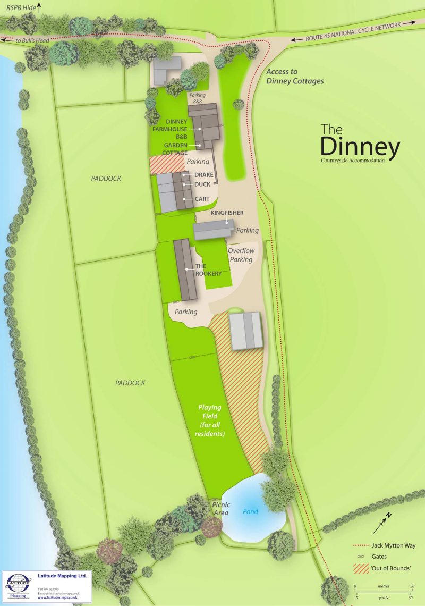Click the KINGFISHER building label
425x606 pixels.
[x=227, y=213]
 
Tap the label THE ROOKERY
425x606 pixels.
[x=208, y=270]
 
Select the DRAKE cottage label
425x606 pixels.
[x=203, y=175]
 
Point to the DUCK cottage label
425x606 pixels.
[x=202, y=184]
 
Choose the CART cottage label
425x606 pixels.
[x=202, y=199]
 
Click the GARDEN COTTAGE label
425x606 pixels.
[x=175, y=149]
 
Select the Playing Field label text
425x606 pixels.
[x=210, y=420]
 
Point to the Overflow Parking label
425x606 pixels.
[x=241, y=255]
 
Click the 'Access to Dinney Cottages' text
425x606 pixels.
[x=295, y=77]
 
